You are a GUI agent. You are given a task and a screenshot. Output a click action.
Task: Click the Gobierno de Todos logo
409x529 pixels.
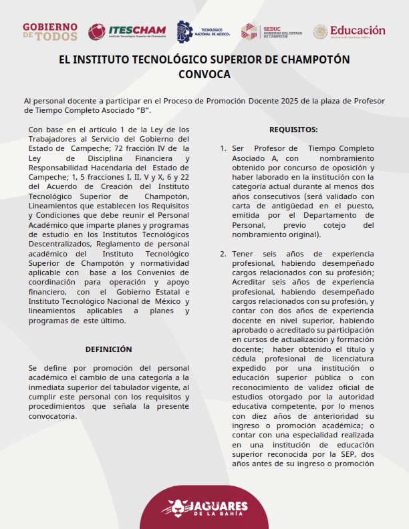(x=50, y=31)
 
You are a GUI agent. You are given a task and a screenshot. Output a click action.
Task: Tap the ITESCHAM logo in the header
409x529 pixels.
(x=127, y=31)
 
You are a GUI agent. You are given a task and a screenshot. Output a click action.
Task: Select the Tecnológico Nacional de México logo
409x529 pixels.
(x=203, y=31)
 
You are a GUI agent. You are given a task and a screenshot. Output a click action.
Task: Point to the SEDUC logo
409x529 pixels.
(x=274, y=31)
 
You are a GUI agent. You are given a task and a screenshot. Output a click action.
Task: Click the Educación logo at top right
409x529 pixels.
(x=350, y=31)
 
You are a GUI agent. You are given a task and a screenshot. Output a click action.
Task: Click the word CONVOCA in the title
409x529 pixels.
(x=204, y=74)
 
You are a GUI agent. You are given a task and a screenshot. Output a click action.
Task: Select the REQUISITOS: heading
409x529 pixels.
(x=293, y=130)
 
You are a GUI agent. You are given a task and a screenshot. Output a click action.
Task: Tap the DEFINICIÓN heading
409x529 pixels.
(x=109, y=349)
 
